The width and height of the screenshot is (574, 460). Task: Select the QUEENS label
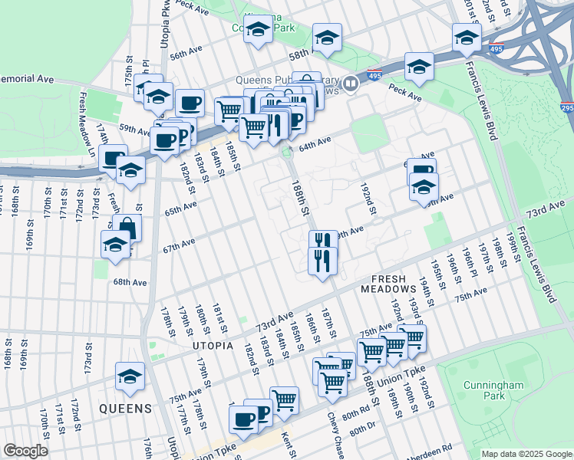(x=124, y=409)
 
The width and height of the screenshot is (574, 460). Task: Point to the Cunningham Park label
(x=485, y=390)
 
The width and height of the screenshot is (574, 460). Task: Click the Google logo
(x=25, y=451)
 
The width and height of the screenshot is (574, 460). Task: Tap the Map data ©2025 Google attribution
(x=526, y=454)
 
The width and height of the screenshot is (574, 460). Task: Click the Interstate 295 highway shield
(x=566, y=108)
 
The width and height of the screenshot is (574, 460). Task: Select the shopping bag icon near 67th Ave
(x=127, y=228)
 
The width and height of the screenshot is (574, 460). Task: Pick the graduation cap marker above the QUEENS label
(x=130, y=375)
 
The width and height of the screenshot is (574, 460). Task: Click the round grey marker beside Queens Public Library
(x=351, y=83)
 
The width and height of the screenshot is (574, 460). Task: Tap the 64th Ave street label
(x=315, y=140)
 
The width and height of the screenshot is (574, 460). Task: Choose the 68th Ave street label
(x=130, y=282)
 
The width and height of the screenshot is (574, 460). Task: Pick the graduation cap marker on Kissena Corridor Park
(x=259, y=30)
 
